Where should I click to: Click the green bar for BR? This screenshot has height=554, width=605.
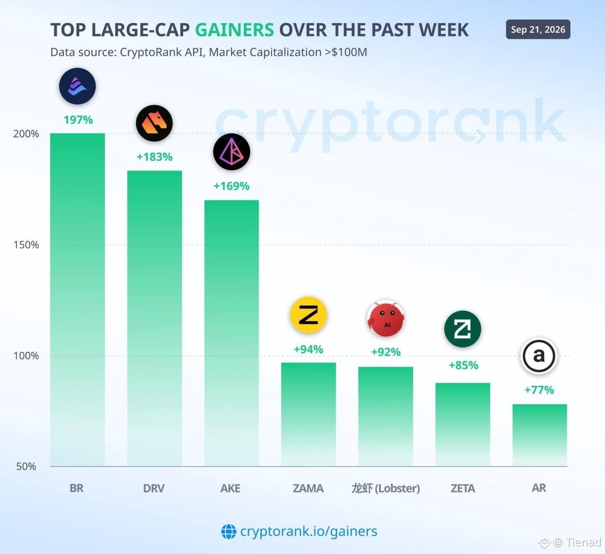tap(78, 299)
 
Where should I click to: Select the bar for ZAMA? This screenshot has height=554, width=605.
tap(309, 415)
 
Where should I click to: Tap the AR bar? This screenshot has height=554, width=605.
tap(540, 435)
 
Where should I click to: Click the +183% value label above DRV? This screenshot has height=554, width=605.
tap(155, 157)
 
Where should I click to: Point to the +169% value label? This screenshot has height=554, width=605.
tap(232, 186)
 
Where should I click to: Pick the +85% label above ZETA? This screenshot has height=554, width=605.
tap(464, 365)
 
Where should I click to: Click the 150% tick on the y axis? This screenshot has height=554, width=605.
tap(26, 245)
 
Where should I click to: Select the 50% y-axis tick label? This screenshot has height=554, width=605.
tap(26, 466)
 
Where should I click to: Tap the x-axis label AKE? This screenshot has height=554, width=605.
tap(230, 488)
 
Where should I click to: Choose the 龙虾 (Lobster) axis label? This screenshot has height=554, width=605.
tap(386, 488)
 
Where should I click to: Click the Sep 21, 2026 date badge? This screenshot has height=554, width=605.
tap(538, 29)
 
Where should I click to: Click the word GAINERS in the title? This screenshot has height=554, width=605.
tap(234, 30)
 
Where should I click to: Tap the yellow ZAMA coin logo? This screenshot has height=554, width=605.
tap(309, 315)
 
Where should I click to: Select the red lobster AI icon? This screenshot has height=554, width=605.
tap(386, 318)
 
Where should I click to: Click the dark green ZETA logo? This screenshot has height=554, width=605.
tap(463, 329)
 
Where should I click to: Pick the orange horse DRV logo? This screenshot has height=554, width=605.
tap(155, 123)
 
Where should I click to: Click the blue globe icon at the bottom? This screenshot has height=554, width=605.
tap(229, 531)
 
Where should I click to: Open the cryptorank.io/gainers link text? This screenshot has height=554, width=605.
tap(309, 531)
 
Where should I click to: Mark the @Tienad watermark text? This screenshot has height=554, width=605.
tap(578, 542)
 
